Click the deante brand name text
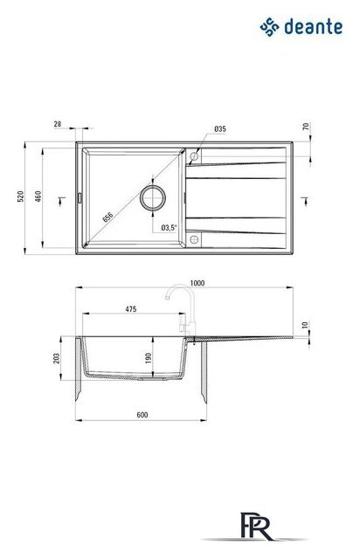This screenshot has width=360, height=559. point(314,27)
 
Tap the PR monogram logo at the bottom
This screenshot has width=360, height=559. point(256,527)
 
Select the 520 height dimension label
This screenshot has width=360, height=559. point(21,197)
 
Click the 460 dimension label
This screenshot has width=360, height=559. point(38,197)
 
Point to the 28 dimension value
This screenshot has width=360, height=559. point(58,124)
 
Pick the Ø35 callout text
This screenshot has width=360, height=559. point(220,129)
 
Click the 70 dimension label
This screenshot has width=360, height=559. point(306,127)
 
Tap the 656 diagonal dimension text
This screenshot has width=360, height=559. point(107,217)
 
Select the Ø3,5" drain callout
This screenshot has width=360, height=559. point(170,227)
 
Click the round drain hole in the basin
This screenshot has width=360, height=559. point(153,197)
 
